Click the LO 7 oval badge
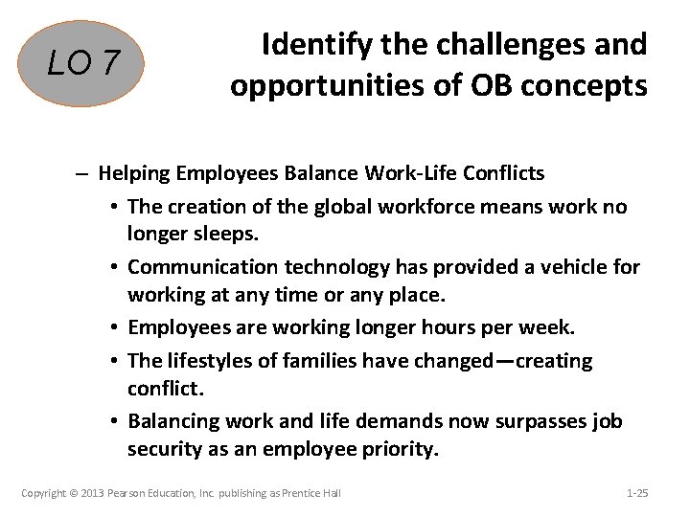pos(85,64)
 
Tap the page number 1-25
pos(636,492)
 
